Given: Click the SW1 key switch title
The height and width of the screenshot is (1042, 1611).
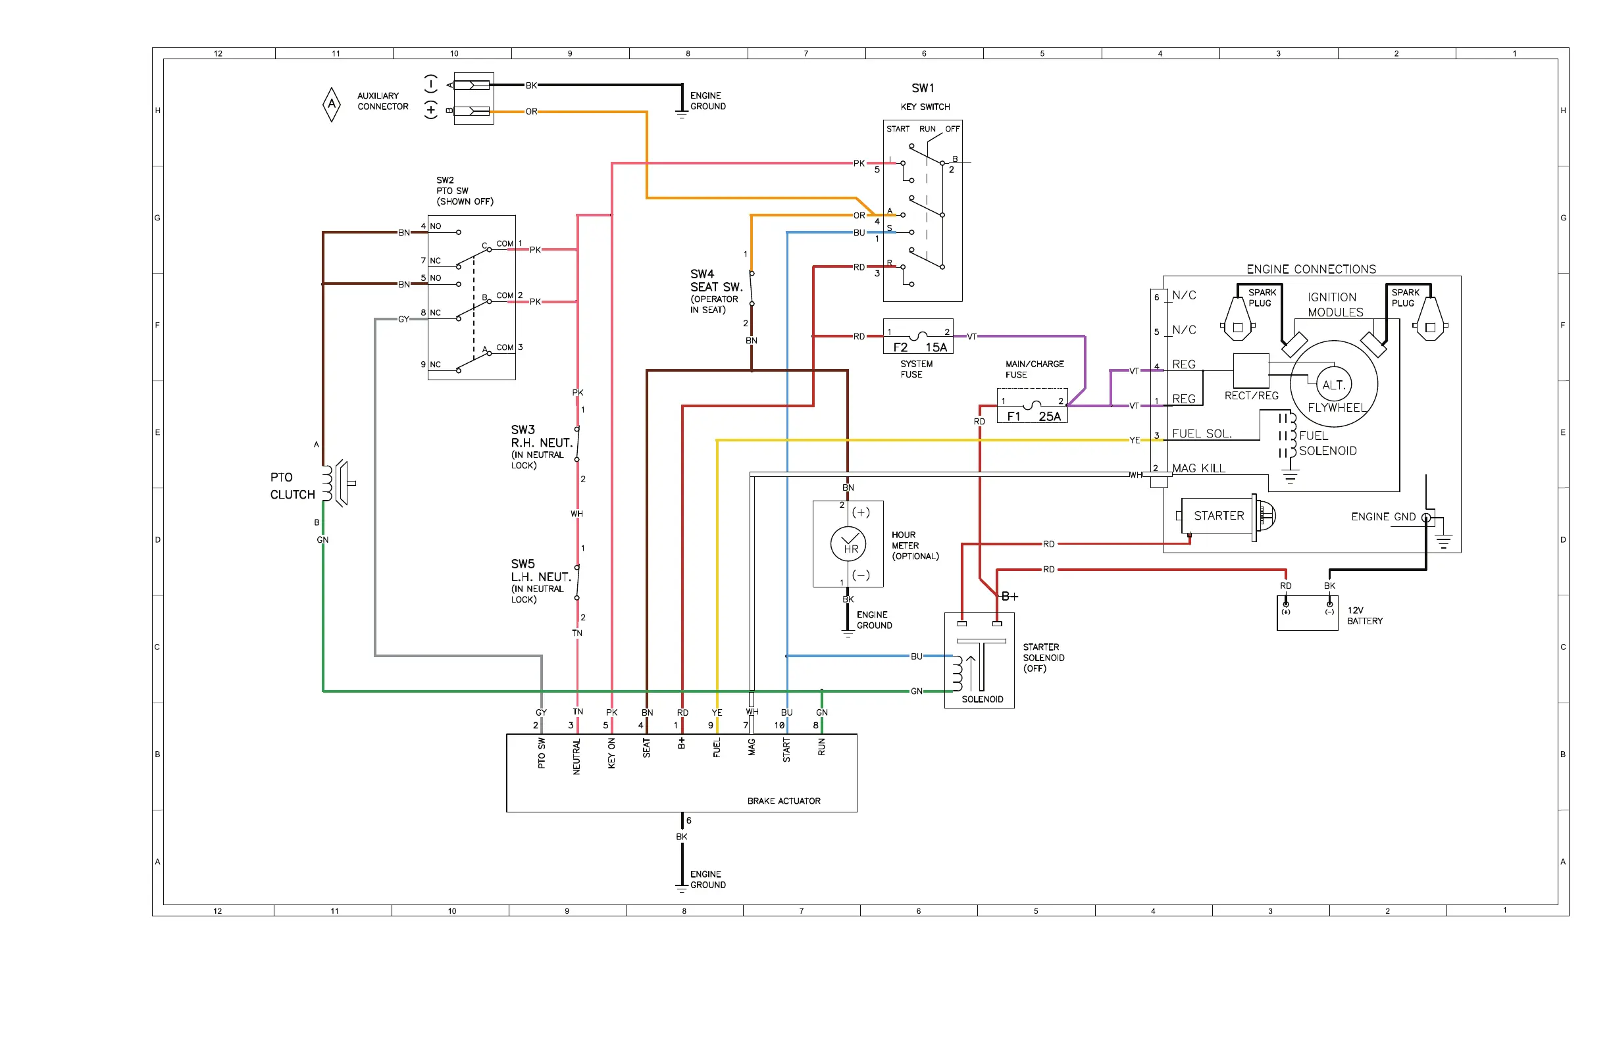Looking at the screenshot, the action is pyautogui.click(x=923, y=88).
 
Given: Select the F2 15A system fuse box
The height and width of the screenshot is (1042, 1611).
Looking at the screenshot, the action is pyautogui.click(x=918, y=336).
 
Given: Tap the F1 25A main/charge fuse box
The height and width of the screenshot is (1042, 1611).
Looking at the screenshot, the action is pyautogui.click(x=1033, y=405).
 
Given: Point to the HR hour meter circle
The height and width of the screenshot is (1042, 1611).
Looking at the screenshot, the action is pyautogui.click(x=848, y=544).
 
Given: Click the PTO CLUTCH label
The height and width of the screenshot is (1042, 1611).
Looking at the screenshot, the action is pyautogui.click(x=292, y=486).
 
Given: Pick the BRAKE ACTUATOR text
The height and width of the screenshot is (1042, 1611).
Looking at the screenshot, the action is pyautogui.click(x=784, y=801).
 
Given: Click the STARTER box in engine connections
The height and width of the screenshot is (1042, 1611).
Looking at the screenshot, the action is pyautogui.click(x=1217, y=516).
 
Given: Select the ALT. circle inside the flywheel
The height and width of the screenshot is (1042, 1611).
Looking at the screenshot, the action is pyautogui.click(x=1333, y=384).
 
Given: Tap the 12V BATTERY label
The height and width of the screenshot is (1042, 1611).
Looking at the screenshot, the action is pyautogui.click(x=1365, y=616).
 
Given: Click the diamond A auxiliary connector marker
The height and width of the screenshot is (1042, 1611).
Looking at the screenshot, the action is pyautogui.click(x=332, y=104).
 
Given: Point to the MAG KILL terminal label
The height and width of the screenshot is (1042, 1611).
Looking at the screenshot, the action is pyautogui.click(x=1198, y=468).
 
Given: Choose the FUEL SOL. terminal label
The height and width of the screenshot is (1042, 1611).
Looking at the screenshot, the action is pyautogui.click(x=1202, y=434).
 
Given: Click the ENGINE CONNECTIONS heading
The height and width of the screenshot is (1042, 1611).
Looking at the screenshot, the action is pyautogui.click(x=1311, y=269).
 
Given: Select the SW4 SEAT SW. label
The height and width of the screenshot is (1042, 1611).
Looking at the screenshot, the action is pyautogui.click(x=716, y=280).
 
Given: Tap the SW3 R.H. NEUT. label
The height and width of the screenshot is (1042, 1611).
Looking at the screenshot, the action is pyautogui.click(x=542, y=436).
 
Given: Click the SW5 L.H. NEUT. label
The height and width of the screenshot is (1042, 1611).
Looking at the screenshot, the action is pyautogui.click(x=541, y=570).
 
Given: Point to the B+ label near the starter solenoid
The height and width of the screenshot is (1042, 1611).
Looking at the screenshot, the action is pyautogui.click(x=1010, y=596).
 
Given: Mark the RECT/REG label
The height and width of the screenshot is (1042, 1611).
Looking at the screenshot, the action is pyautogui.click(x=1252, y=396).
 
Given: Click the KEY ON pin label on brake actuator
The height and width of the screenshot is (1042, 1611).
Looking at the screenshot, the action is pyautogui.click(x=611, y=753).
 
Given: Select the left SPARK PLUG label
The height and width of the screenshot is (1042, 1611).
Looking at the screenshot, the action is pyautogui.click(x=1262, y=298).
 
